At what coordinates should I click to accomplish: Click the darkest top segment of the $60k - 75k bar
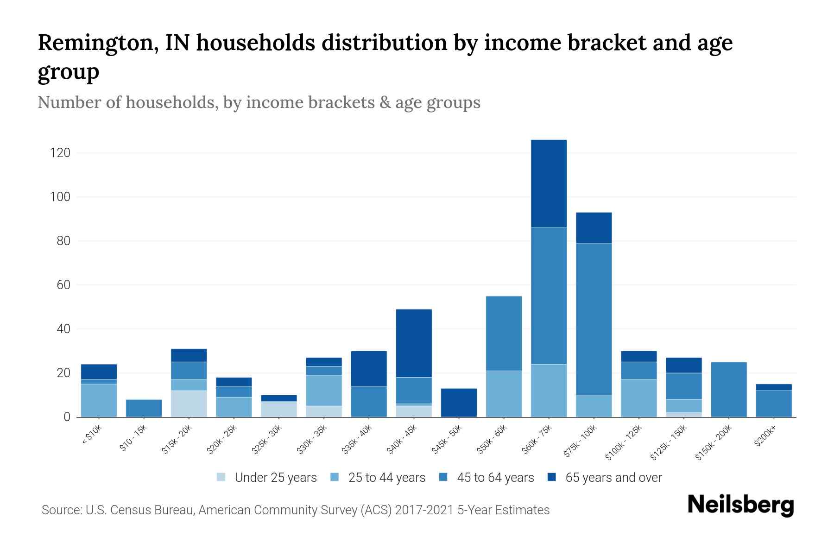tap(549, 183)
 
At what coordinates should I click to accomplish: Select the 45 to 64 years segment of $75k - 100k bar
tap(594, 319)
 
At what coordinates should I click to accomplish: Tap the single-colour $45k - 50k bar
tap(459, 403)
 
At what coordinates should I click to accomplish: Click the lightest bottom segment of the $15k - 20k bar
tap(189, 404)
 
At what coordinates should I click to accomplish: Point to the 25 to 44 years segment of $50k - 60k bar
tap(504, 394)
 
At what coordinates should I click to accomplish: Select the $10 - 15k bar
tap(144, 408)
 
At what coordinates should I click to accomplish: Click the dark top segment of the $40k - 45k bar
tap(414, 343)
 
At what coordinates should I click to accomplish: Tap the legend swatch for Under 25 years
tap(221, 477)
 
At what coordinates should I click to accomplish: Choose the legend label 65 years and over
tap(613, 478)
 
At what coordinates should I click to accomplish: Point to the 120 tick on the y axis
tap(60, 153)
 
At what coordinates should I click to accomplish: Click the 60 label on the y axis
tap(63, 285)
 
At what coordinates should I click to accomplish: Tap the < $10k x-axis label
tap(91, 436)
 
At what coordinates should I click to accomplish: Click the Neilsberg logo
tap(740, 505)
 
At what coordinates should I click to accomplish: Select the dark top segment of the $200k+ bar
tap(774, 387)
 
